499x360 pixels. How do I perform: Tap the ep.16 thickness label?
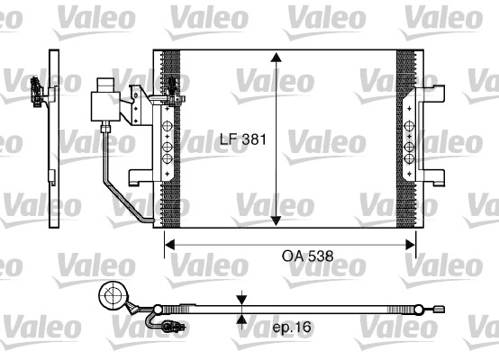[291, 328]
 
